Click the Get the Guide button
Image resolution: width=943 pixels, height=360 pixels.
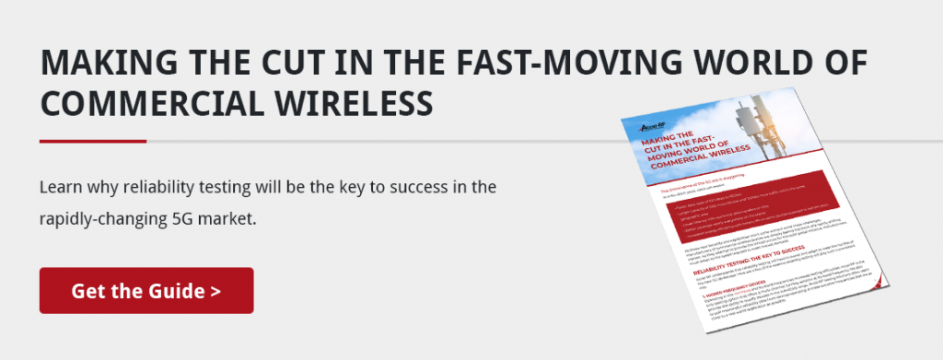coord(146,291)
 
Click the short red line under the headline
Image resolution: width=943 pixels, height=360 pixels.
coord(92,141)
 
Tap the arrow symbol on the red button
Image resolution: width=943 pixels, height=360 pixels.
coord(215,292)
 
